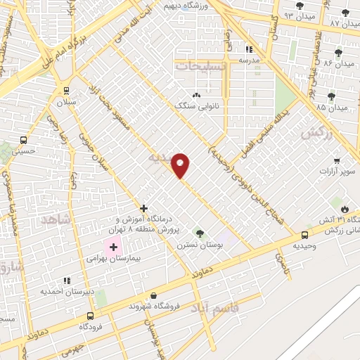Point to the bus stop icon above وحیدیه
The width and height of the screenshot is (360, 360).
pyautogui.click(x=304, y=235)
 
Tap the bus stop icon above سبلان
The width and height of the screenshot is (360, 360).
pyautogui.click(x=67, y=91)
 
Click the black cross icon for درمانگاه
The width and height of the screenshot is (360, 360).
pyautogui.click(x=143, y=208)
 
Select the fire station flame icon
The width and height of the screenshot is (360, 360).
pyautogui.click(x=345, y=209)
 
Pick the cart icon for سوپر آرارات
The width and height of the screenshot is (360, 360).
pyautogui.click(x=337, y=160)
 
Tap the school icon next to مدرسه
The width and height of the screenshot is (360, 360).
pyautogui.click(x=249, y=49)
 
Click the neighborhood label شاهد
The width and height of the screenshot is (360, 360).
pyautogui.click(x=56, y=220)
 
